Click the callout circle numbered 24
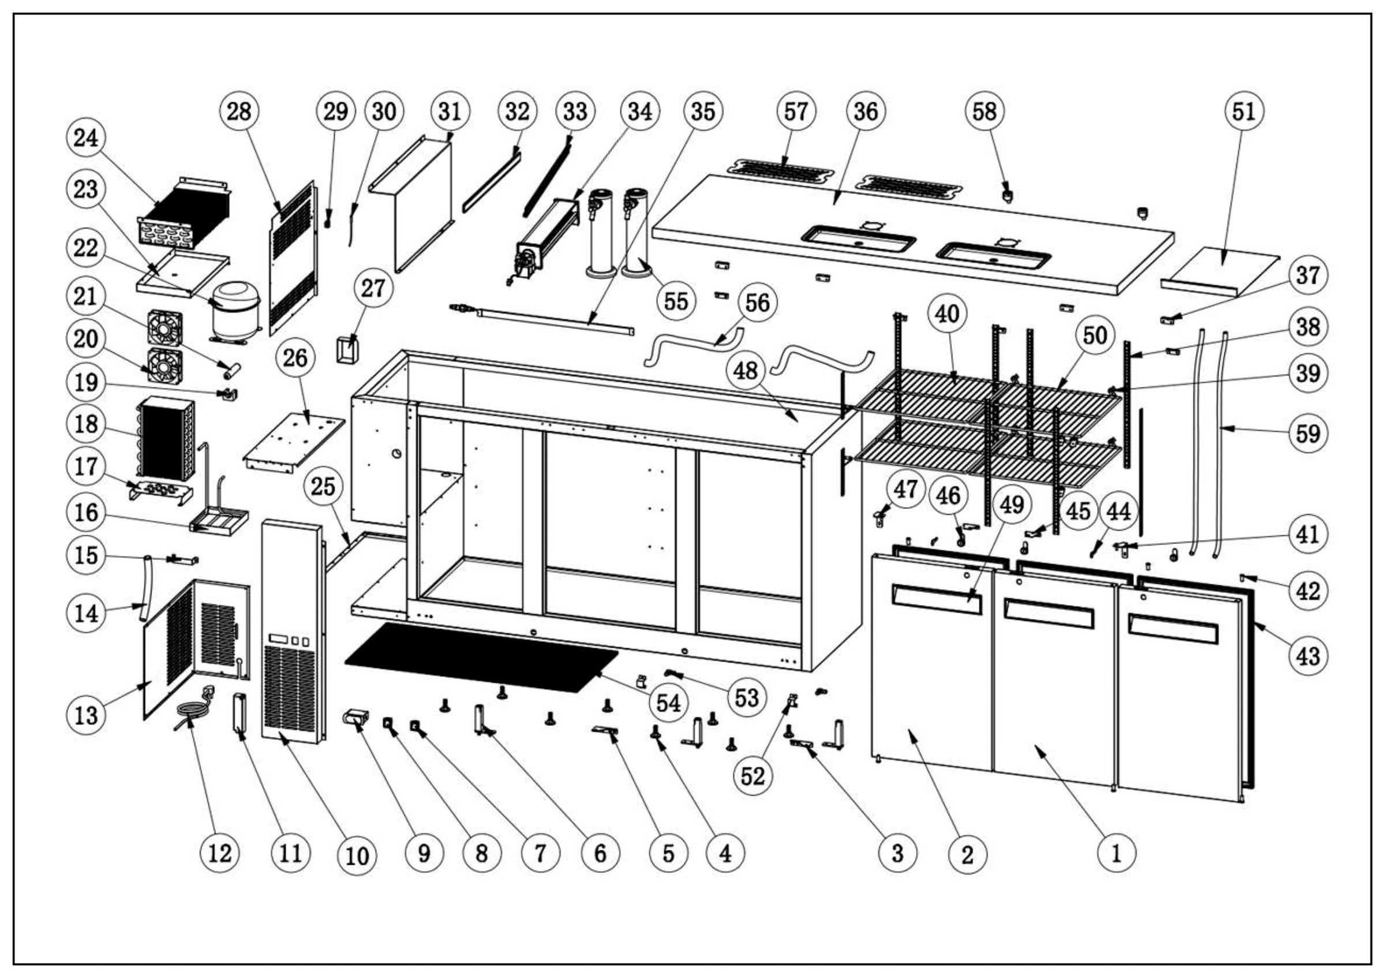click(85, 138)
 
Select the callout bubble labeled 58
click(985, 111)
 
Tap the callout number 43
click(1308, 656)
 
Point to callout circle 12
click(219, 853)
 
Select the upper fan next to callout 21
click(164, 327)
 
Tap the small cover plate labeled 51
click(1221, 267)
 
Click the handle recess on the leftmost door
click(936, 599)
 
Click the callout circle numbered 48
click(746, 370)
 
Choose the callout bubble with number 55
click(676, 301)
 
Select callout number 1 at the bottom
click(1116, 853)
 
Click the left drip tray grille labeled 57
click(781, 169)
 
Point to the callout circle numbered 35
click(703, 111)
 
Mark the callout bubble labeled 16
click(85, 513)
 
